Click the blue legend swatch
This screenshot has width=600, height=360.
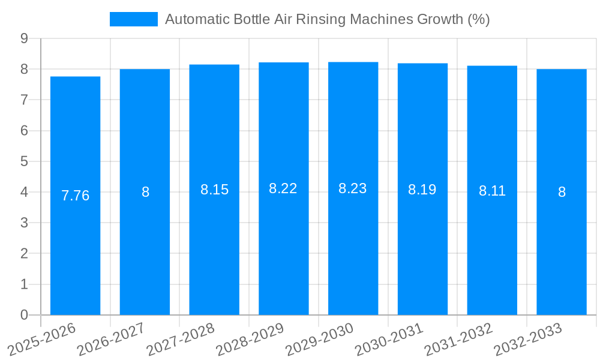click(x=133, y=19)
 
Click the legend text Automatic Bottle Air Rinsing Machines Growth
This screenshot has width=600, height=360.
click(x=327, y=19)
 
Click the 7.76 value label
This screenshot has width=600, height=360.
click(x=76, y=196)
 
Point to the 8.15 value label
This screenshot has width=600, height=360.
click(x=214, y=190)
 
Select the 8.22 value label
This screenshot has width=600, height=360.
click(x=283, y=188)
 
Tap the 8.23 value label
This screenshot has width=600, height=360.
click(x=353, y=188)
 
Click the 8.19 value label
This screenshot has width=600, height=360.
click(x=422, y=190)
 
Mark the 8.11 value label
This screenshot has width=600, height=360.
click(x=492, y=191)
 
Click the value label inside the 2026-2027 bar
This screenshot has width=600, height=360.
click(x=145, y=192)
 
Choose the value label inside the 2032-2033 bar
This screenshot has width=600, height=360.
click(x=562, y=192)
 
